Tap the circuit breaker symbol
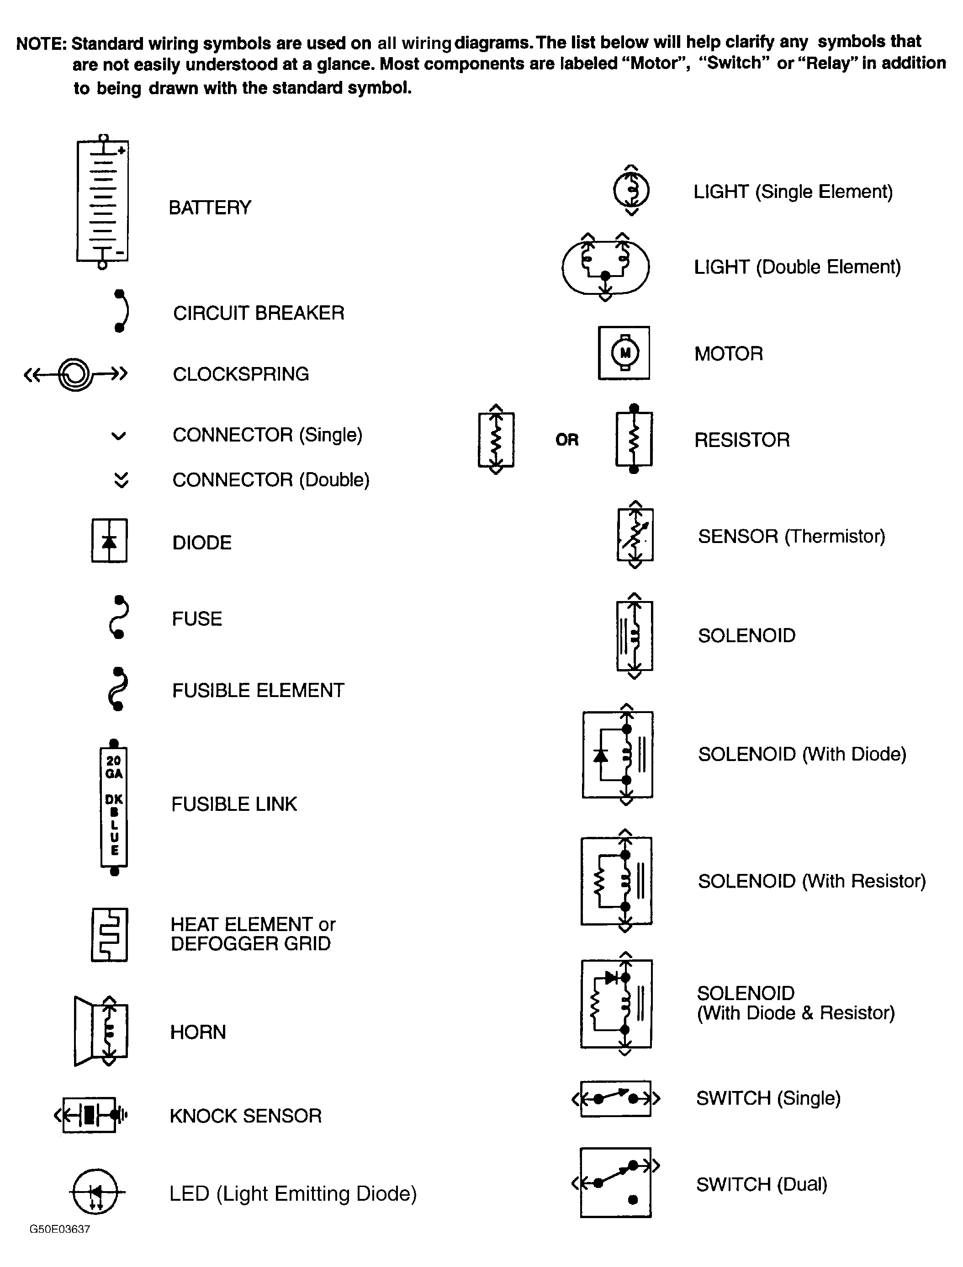(x=121, y=311)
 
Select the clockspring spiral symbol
(x=75, y=374)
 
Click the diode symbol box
(x=109, y=541)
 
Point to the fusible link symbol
(x=113, y=806)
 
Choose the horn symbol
(x=101, y=1031)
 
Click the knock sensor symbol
(x=90, y=1115)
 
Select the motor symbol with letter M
(x=624, y=353)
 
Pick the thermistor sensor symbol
(x=635, y=535)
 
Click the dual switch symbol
(x=616, y=1182)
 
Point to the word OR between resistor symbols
(x=567, y=440)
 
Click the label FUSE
(x=196, y=619)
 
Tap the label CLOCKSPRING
(x=241, y=374)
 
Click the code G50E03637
(x=59, y=1229)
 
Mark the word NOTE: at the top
(x=41, y=43)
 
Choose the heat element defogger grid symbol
(x=109, y=934)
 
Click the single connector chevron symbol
(x=118, y=436)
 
